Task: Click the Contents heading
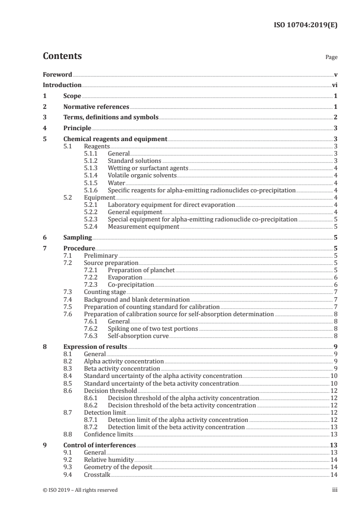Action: [x=62, y=56]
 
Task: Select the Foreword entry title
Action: [x=57, y=74]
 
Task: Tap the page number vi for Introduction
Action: [x=334, y=85]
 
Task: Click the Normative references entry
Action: [x=96, y=107]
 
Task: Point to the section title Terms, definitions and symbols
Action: [x=111, y=117]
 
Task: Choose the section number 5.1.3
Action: [x=91, y=168]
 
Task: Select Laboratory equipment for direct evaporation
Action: [x=171, y=205]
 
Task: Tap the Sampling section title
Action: [x=78, y=237]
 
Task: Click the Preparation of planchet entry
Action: [x=141, y=270]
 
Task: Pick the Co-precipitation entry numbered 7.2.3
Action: [x=131, y=285]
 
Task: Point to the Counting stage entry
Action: [x=105, y=292]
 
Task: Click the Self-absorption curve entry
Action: [x=138, y=336]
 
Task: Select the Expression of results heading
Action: [x=95, y=347]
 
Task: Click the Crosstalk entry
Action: [x=97, y=474]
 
